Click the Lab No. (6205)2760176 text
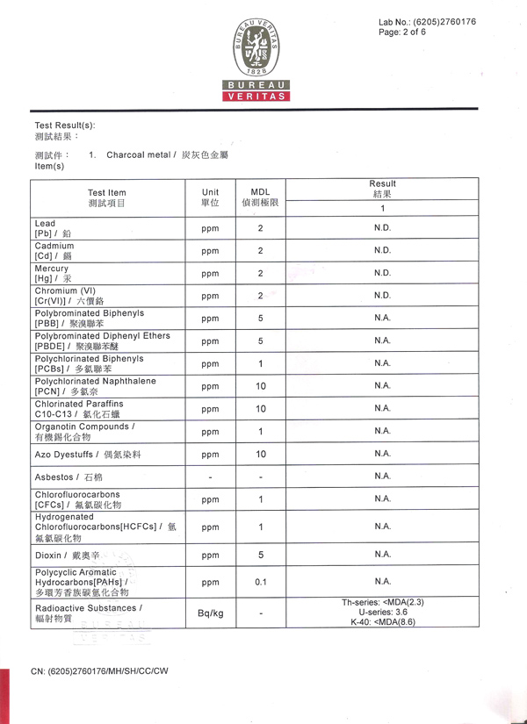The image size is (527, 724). click(427, 21)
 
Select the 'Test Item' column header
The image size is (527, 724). click(107, 197)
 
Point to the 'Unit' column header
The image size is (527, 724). click(210, 197)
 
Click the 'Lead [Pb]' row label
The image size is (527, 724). click(54, 229)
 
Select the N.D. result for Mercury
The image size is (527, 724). click(382, 273)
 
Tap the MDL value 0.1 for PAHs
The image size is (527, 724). click(261, 581)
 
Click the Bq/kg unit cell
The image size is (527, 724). click(210, 613)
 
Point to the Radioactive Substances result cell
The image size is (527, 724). click(383, 612)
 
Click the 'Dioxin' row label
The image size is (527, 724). click(67, 556)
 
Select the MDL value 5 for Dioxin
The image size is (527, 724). click(261, 555)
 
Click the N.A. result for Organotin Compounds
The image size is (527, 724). click(382, 431)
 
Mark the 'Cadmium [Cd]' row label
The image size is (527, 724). click(54, 251)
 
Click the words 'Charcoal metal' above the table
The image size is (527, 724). click(138, 155)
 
